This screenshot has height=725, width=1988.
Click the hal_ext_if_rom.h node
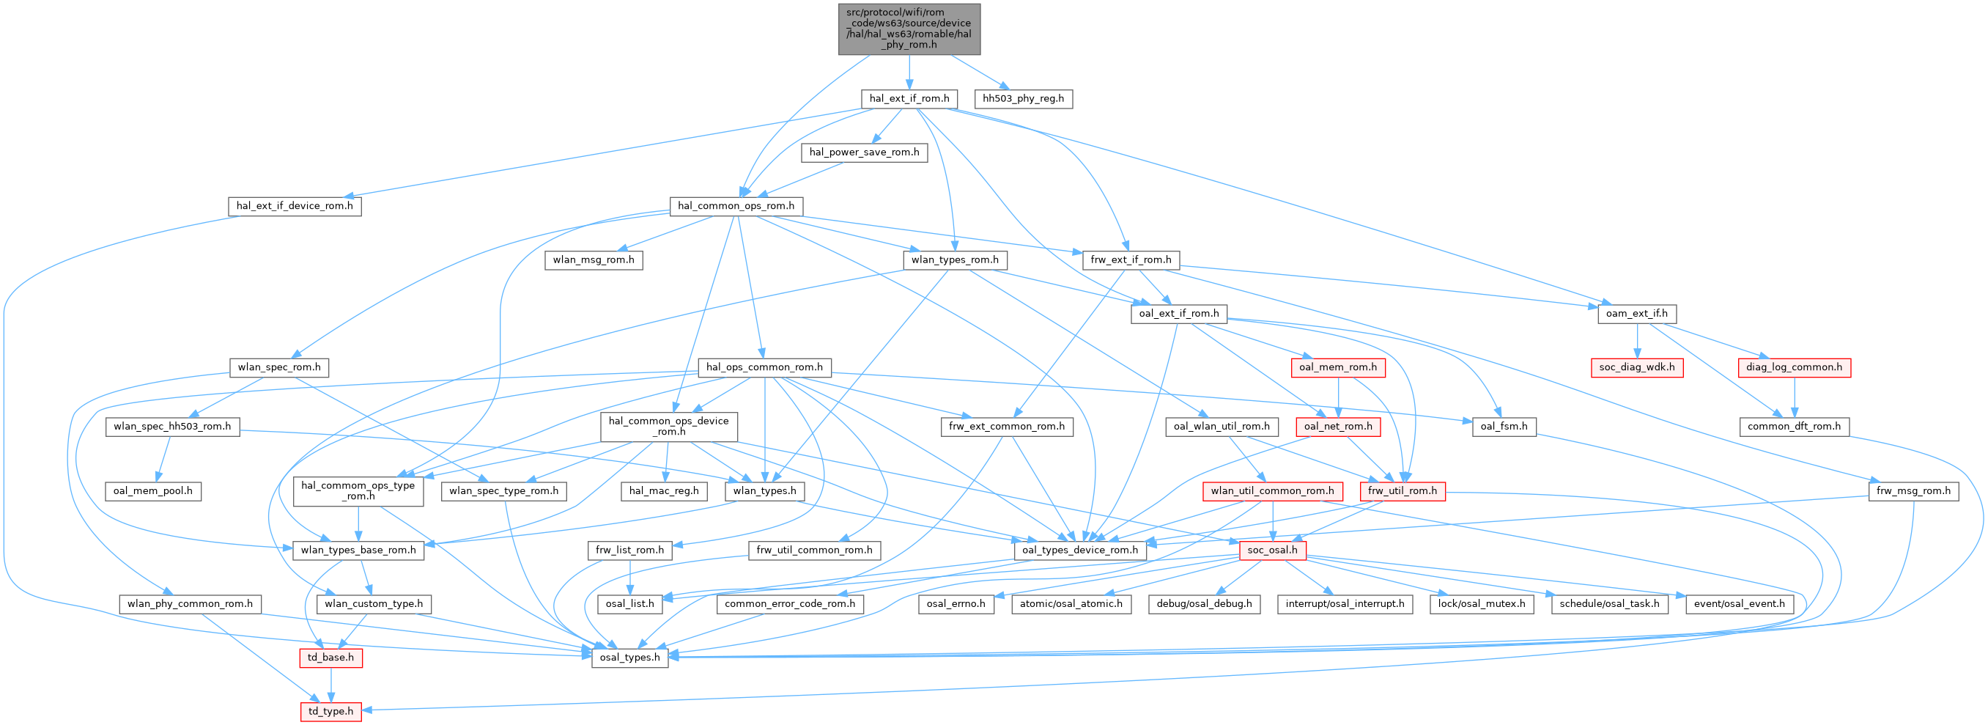[909, 99]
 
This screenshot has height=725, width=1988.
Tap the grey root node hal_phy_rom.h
[909, 29]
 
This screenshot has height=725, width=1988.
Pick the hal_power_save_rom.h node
[864, 152]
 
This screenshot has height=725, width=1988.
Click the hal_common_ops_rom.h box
[736, 206]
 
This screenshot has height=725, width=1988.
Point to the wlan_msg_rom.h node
[594, 260]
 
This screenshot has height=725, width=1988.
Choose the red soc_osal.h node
[1272, 551]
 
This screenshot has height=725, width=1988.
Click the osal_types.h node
[629, 657]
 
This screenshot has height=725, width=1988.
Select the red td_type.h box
[330, 711]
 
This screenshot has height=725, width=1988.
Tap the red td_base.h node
[330, 658]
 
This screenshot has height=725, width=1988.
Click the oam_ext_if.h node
[1636, 314]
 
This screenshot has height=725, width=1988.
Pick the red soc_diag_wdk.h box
[1637, 367]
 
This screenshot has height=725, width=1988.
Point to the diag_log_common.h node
[1795, 367]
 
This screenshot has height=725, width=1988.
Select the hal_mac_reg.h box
[664, 491]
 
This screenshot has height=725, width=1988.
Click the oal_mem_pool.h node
[153, 491]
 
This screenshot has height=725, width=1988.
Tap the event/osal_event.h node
[1739, 604]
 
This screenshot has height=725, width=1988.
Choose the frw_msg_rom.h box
[1913, 491]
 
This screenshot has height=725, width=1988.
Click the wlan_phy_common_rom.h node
[191, 604]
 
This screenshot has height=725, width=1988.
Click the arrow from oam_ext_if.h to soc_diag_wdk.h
[1637, 340]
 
